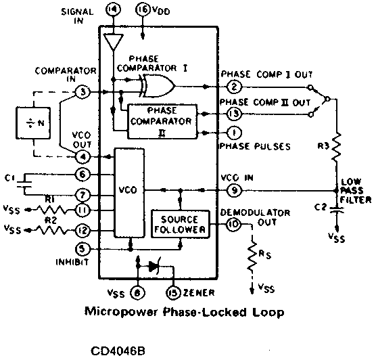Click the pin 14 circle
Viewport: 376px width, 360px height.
[x=113, y=10]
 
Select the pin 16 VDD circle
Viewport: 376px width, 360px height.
[x=143, y=10]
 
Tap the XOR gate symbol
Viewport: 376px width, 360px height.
[x=157, y=86]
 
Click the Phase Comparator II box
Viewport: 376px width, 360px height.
[x=162, y=121]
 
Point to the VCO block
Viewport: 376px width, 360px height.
[x=129, y=193]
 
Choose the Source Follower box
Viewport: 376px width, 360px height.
[x=181, y=224]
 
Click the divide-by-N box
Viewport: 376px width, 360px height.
[x=33, y=123]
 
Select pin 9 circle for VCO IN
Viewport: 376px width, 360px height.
[x=234, y=191]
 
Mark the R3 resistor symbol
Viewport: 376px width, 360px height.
[x=336, y=147]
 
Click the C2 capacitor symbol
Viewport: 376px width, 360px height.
[x=336, y=210]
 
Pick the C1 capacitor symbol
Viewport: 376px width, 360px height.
[x=24, y=184]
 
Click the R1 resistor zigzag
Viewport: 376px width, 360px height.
[x=53, y=210]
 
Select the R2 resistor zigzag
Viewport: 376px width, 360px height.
[x=53, y=230]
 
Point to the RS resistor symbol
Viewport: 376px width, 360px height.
[x=252, y=256]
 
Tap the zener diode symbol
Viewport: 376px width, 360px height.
[x=154, y=266]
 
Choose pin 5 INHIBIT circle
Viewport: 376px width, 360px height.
[x=83, y=249]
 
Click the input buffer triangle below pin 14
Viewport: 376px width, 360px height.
[x=114, y=42]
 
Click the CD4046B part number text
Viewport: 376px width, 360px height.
[x=118, y=351]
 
